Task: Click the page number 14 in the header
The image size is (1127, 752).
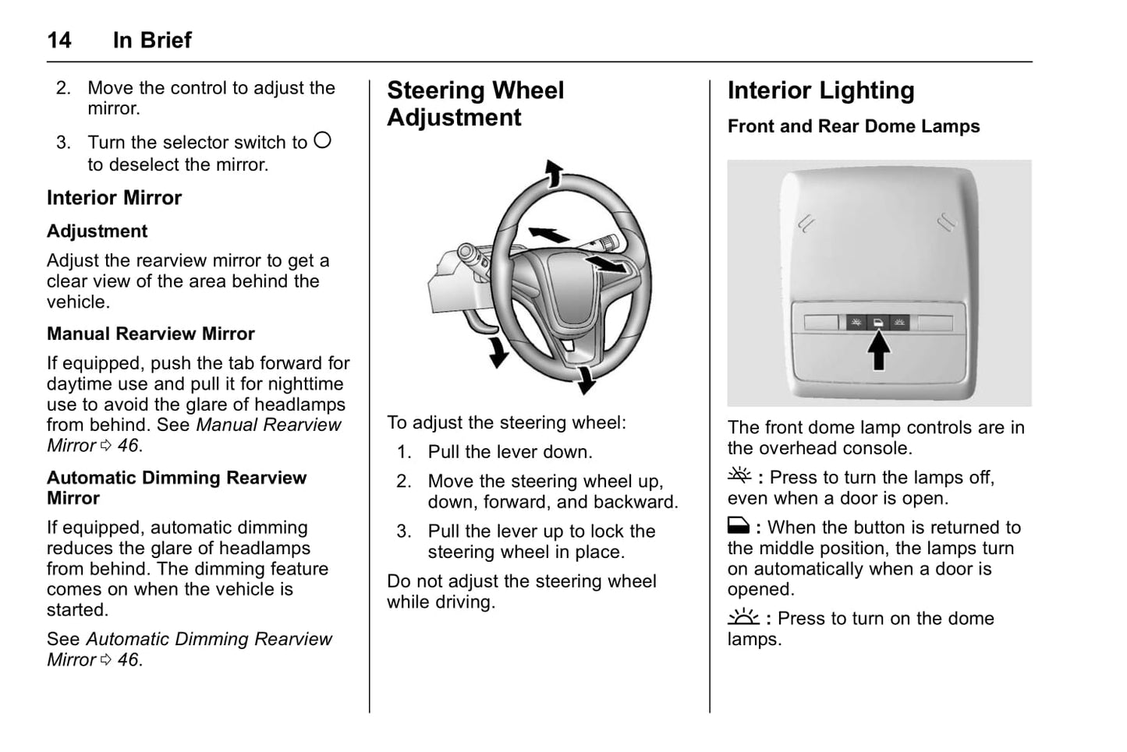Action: pyautogui.click(x=59, y=40)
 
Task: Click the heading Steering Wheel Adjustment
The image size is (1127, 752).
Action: pyautogui.click(x=475, y=104)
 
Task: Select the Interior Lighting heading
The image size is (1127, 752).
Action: pyautogui.click(x=820, y=90)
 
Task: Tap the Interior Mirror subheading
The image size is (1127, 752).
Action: pyautogui.click(x=114, y=198)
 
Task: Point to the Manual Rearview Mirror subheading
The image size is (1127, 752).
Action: pyautogui.click(x=151, y=334)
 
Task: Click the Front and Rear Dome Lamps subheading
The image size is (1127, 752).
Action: pyautogui.click(x=853, y=126)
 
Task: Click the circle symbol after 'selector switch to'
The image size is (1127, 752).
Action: pyautogui.click(x=322, y=140)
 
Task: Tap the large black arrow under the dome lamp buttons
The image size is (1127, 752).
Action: pyautogui.click(x=879, y=351)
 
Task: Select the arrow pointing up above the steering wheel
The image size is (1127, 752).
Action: pyautogui.click(x=553, y=173)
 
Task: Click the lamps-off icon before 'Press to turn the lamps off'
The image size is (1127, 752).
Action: pyautogui.click(x=739, y=475)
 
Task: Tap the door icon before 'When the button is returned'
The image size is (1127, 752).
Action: pyautogui.click(x=738, y=526)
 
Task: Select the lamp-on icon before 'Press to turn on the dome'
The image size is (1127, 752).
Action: pyautogui.click(x=742, y=617)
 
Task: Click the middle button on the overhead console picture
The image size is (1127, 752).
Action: pyautogui.click(x=878, y=322)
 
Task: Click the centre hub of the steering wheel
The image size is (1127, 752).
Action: pyautogui.click(x=577, y=288)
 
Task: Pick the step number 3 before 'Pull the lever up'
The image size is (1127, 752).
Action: pyautogui.click(x=403, y=531)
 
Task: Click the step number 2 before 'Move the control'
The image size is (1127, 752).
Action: pyautogui.click(x=63, y=88)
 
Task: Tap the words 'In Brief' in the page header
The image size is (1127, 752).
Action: pyautogui.click(x=152, y=40)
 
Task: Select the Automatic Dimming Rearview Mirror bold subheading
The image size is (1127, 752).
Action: pyautogui.click(x=176, y=488)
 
